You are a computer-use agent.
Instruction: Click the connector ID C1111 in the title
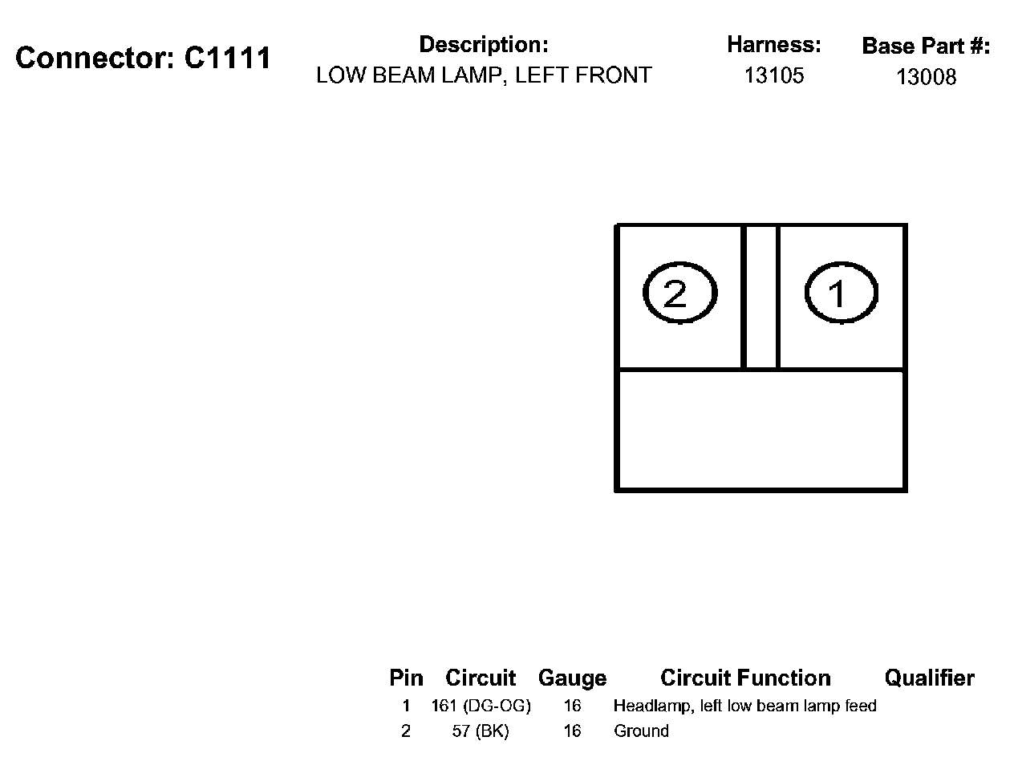(x=228, y=59)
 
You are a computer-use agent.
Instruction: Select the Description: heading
(x=484, y=45)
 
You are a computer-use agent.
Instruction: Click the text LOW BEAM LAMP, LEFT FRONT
(x=484, y=76)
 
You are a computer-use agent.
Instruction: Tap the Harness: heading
(x=774, y=45)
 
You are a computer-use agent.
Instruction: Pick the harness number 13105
(x=774, y=76)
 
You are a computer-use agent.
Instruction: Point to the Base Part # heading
(x=926, y=47)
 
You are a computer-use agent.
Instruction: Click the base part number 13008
(x=926, y=78)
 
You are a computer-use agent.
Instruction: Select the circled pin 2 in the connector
(x=679, y=293)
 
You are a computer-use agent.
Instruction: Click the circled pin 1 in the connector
(x=840, y=293)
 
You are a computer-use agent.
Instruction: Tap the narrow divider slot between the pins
(x=761, y=297)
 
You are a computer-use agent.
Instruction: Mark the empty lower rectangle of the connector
(x=760, y=430)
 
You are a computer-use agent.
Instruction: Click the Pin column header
(x=406, y=678)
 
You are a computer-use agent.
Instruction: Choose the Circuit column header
(x=481, y=678)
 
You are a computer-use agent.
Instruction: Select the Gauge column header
(x=572, y=678)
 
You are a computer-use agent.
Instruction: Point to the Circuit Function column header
(x=745, y=678)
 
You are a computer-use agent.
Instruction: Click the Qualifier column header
(x=929, y=678)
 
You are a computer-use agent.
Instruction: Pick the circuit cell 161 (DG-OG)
(x=481, y=706)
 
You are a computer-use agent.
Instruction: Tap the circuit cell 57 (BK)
(x=481, y=731)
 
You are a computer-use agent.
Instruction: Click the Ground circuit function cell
(x=641, y=731)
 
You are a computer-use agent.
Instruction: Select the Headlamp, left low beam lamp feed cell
(x=744, y=706)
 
